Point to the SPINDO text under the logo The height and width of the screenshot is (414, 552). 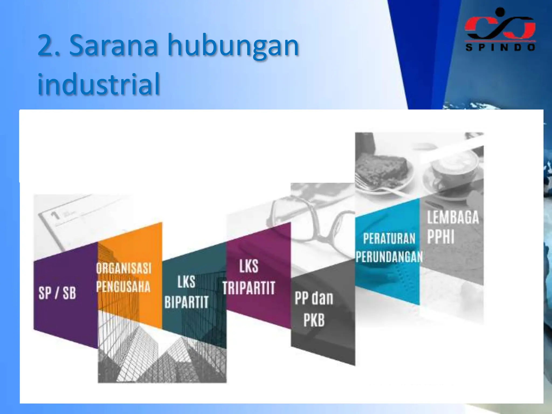[x=500, y=48]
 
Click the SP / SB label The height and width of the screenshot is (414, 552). [x=57, y=293]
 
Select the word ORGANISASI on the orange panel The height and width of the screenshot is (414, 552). [x=124, y=268]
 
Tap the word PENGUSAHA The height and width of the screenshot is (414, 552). [x=123, y=286]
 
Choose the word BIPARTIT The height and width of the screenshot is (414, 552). [x=187, y=302]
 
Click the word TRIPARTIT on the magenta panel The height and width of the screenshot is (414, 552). [x=249, y=288]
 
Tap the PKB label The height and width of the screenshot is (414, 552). [x=314, y=320]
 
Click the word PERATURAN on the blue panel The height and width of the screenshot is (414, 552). [x=389, y=239]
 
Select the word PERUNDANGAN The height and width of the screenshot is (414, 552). [x=389, y=257]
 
